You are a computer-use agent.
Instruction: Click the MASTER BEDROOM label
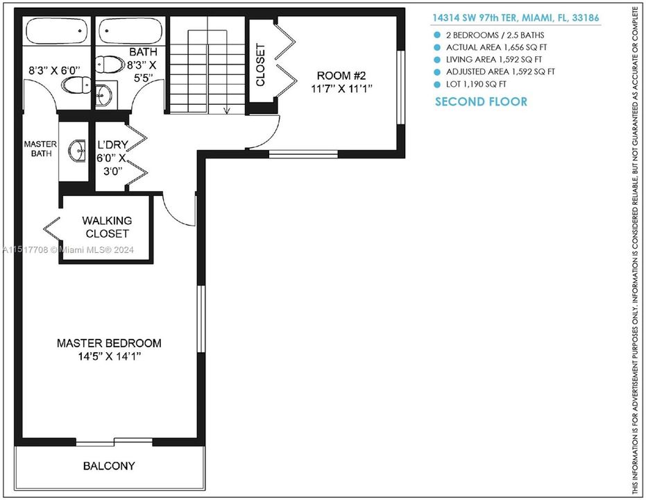(109, 343)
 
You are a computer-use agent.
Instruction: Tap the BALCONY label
(109, 466)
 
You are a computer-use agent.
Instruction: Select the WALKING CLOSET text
(107, 227)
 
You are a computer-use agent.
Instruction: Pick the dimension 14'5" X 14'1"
(109, 358)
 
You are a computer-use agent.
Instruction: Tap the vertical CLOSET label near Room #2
(261, 65)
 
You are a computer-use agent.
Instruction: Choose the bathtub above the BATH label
(130, 31)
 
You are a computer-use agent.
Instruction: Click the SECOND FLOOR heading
(481, 102)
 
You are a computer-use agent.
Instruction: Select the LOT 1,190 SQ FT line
(475, 84)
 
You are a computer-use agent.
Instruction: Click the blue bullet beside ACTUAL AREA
(437, 47)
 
